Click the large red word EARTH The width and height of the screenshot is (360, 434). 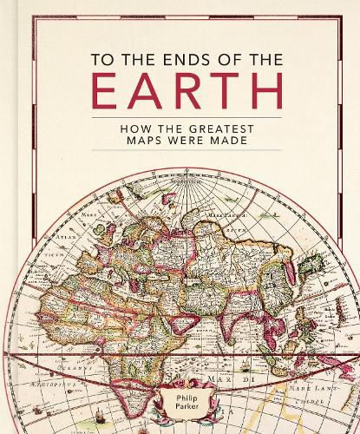click(x=180, y=93)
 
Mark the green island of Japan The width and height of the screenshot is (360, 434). click(x=304, y=271)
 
